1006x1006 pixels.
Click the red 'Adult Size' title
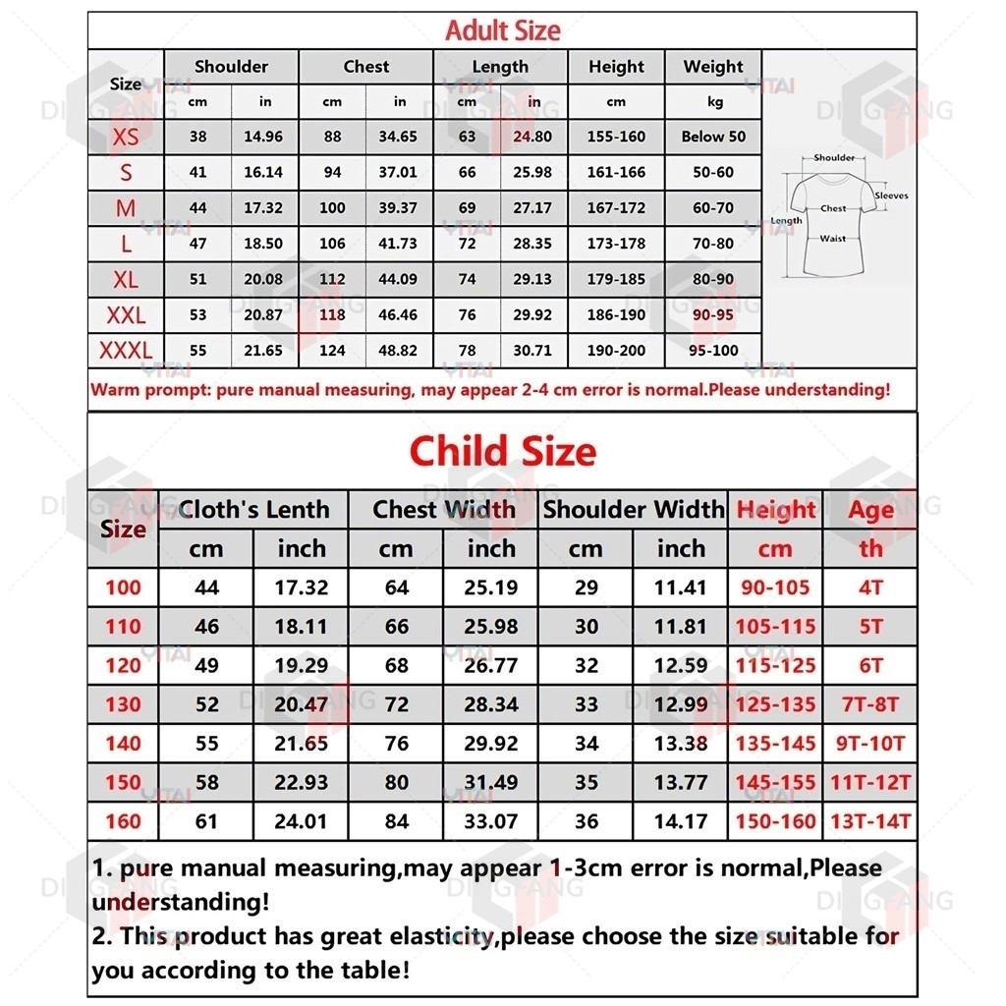[502, 30]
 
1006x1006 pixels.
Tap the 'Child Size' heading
[502, 452]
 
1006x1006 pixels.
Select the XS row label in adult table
[126, 137]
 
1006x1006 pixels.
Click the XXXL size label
[126, 350]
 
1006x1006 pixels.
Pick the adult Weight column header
[713, 67]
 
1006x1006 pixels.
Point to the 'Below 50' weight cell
[713, 137]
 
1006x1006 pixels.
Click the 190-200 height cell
[616, 350]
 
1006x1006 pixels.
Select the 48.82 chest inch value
[398, 350]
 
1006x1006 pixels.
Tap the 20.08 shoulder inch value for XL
[263, 279]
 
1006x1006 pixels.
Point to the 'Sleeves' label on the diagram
[891, 196]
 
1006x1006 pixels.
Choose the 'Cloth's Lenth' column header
[254, 510]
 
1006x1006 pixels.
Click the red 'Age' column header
[871, 510]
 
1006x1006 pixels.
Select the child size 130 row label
[123, 704]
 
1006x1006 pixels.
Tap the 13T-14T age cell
[871, 822]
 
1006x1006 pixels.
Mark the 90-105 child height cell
[775, 588]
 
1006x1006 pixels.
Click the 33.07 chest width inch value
[490, 822]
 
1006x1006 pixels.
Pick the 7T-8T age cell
[871, 704]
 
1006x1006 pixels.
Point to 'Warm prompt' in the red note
[147, 389]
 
